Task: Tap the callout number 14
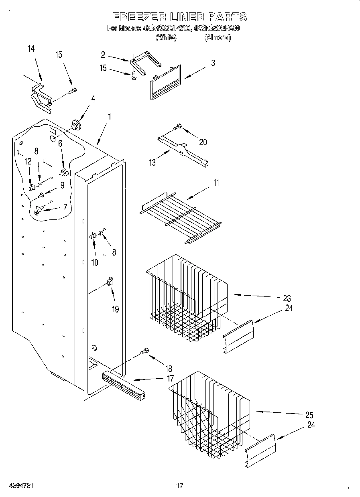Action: point(31,49)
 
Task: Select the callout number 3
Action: point(213,63)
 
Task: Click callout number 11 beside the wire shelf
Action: point(216,184)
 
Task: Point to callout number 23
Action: point(286,298)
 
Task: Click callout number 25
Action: point(309,415)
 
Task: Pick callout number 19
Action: point(116,310)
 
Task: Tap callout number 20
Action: point(203,142)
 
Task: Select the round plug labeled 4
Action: point(75,125)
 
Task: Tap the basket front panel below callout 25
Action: point(260,451)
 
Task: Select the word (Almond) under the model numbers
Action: point(217,38)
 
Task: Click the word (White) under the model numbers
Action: point(166,38)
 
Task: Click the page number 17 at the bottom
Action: point(179,485)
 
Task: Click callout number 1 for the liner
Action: point(109,117)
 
